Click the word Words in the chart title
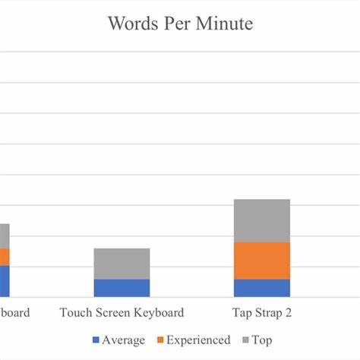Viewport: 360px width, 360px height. pyautogui.click(x=132, y=24)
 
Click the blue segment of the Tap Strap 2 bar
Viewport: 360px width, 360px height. pyautogui.click(x=261, y=288)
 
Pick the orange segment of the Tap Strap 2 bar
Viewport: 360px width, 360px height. pyautogui.click(x=261, y=261)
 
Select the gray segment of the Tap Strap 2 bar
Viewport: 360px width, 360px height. pyautogui.click(x=261, y=220)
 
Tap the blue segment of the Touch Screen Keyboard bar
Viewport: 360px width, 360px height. pyautogui.click(x=122, y=288)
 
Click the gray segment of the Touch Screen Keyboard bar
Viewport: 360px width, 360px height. pyautogui.click(x=122, y=264)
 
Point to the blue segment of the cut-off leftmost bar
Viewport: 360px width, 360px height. pyautogui.click(x=5, y=281)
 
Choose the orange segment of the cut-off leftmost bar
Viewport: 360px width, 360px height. pyautogui.click(x=5, y=257)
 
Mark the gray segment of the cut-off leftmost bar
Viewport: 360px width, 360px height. pyautogui.click(x=5, y=236)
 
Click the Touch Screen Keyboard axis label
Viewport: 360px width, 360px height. pyautogui.click(x=122, y=313)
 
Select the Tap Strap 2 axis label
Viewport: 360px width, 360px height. pyautogui.click(x=262, y=313)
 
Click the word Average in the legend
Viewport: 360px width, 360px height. pyautogui.click(x=124, y=340)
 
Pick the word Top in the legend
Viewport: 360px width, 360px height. pyautogui.click(x=262, y=340)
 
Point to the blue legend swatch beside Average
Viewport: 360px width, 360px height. pyautogui.click(x=96, y=341)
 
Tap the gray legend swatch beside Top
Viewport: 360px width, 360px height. pyautogui.click(x=245, y=341)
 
